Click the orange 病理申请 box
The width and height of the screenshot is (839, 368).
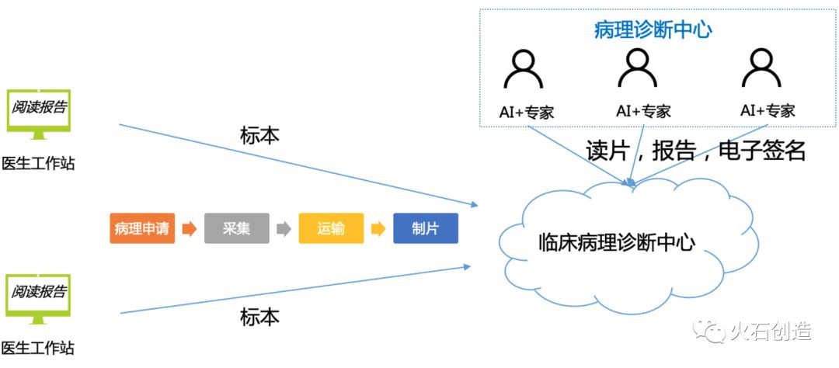pos(142,229)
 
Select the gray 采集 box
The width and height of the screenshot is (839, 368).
pos(237,229)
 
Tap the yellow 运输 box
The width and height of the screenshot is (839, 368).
pos(331,229)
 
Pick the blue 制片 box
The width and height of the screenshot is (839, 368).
pos(426,229)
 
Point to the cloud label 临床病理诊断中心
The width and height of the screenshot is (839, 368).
pos(616,242)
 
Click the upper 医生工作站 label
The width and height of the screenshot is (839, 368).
pos(38,164)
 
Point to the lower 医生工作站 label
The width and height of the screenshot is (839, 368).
pos(38,348)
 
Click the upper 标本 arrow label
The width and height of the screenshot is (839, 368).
pos(259,134)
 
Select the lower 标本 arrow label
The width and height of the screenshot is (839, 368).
pos(259,317)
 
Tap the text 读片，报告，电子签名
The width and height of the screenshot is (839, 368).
pos(696,150)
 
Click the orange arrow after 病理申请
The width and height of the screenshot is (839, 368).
pos(190,229)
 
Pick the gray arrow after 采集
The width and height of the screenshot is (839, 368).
pos(284,229)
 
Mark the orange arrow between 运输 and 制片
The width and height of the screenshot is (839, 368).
pos(378,229)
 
